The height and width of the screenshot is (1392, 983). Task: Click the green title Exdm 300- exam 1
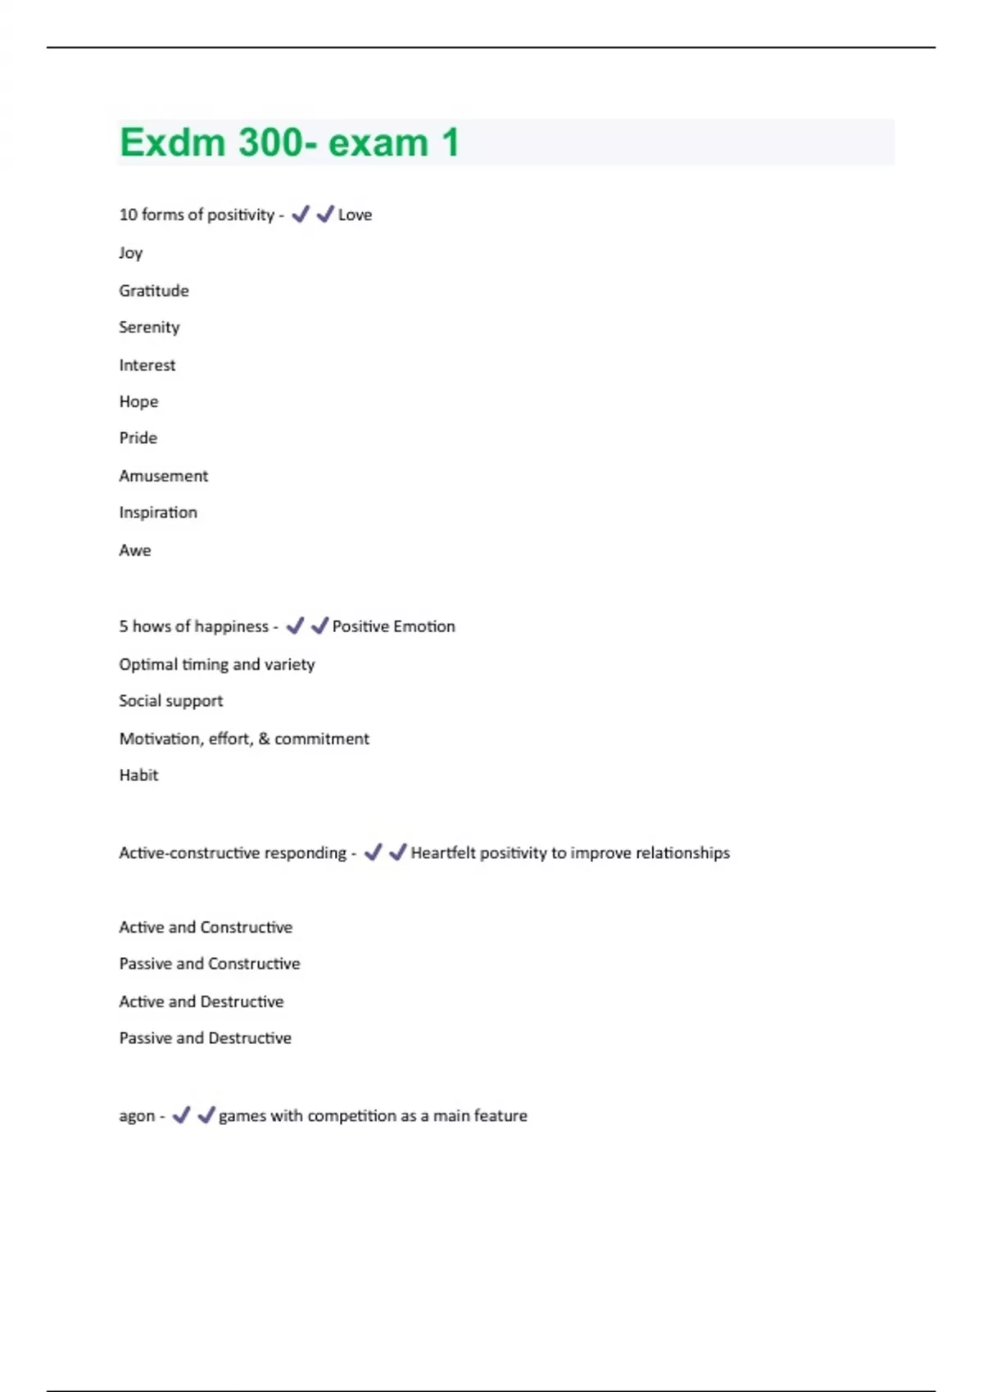288,142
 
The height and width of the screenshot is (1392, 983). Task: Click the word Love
355,215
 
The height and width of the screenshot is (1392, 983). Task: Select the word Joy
130,253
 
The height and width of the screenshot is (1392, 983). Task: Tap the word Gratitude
153,291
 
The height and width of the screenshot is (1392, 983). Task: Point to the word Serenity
149,328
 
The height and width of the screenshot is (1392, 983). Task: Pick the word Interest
147,365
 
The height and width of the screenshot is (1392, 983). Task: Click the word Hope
138,402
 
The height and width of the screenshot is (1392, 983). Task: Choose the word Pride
138,438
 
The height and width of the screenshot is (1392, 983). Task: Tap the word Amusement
163,476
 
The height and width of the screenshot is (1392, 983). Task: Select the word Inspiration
157,513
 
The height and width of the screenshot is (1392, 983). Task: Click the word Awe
134,550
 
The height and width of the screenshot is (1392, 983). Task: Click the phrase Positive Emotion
393,626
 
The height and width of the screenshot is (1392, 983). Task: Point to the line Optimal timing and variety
216,664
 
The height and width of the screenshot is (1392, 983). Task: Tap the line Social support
170,701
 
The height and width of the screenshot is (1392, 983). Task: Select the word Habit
138,775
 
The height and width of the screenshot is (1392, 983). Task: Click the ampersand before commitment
264,739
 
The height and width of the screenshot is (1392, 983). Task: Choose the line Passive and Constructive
209,964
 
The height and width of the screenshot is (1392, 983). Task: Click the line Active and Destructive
201,1001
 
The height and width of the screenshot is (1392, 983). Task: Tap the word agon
136,1117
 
